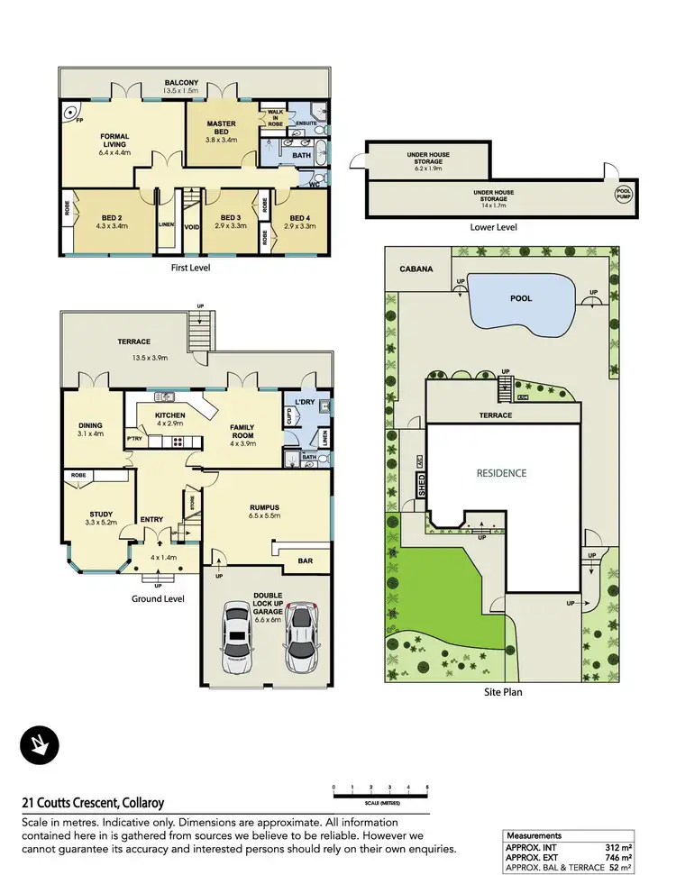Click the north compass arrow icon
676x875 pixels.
[38, 743]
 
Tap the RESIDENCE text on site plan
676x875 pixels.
[502, 472]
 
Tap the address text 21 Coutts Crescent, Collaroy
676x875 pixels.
[93, 802]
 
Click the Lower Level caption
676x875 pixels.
[494, 228]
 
